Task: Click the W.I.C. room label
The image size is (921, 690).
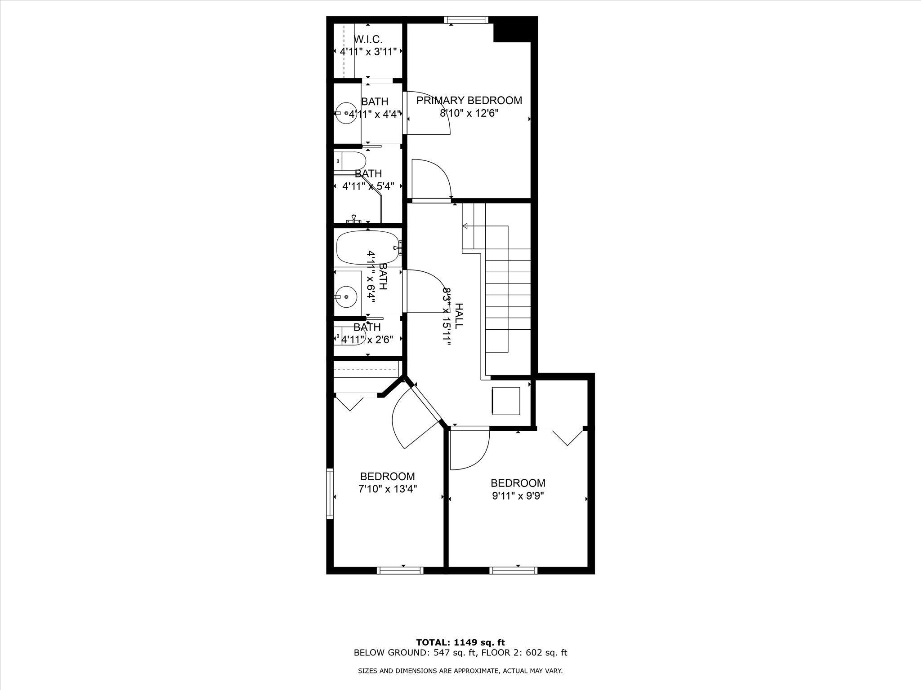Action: pos(368,39)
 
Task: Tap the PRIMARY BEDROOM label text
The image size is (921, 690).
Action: pos(469,100)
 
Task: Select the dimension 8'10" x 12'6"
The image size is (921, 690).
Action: pos(469,113)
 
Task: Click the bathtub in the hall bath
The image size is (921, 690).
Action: pos(368,248)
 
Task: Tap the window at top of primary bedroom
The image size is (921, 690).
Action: pos(466,19)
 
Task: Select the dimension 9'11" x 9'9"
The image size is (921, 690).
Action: pos(518,496)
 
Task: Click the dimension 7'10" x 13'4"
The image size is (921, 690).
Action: pos(388,489)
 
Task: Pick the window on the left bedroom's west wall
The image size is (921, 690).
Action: pos(330,494)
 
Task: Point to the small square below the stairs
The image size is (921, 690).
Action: pos(506,401)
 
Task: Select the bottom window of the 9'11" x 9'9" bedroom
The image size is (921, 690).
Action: pos(514,571)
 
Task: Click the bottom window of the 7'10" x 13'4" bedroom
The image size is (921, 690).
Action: pos(400,571)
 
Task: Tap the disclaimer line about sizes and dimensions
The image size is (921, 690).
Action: pos(460,671)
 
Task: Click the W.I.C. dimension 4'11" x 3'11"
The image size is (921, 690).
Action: pos(368,52)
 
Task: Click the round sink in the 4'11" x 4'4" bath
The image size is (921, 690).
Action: pos(345,113)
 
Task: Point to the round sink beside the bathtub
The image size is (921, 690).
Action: pos(346,296)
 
